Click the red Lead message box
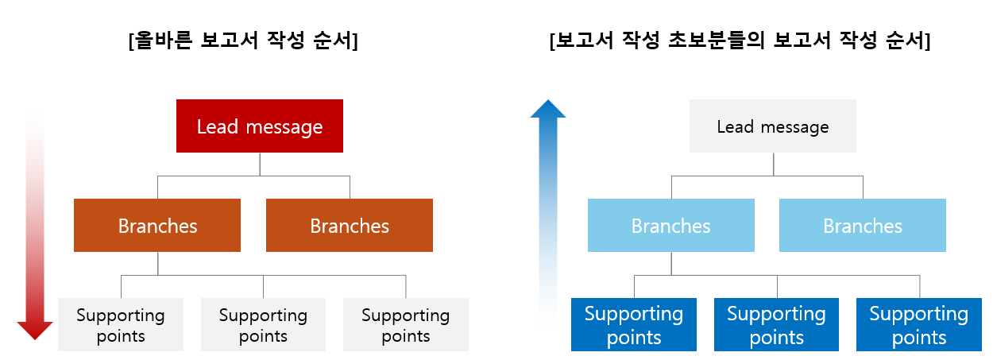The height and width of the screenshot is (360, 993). point(260,126)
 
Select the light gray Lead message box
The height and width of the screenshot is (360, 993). point(772,126)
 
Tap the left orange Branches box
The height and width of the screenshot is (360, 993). point(157,226)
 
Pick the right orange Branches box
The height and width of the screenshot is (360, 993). point(350,226)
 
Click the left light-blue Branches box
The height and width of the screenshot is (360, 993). point(670,226)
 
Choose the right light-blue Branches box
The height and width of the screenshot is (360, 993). point(863,226)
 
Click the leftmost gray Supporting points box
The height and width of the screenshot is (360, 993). point(121,325)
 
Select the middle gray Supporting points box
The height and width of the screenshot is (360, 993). point(263,325)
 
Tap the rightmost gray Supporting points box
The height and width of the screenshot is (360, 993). point(405,325)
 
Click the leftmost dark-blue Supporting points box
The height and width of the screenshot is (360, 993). point(634,325)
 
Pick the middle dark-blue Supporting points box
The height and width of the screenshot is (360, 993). point(776,325)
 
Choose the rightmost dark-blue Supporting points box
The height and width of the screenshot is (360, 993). point(919,325)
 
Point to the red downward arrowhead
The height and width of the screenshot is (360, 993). point(35,330)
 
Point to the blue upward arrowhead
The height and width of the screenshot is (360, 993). point(547,108)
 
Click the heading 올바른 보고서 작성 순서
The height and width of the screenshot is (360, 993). point(243,41)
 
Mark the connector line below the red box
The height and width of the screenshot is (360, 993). point(260,164)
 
